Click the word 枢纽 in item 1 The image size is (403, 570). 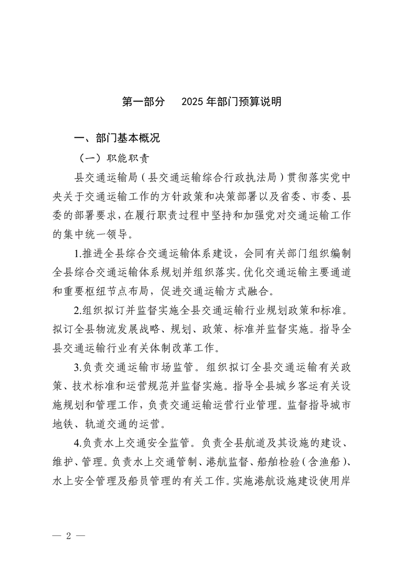tap(114, 292)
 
